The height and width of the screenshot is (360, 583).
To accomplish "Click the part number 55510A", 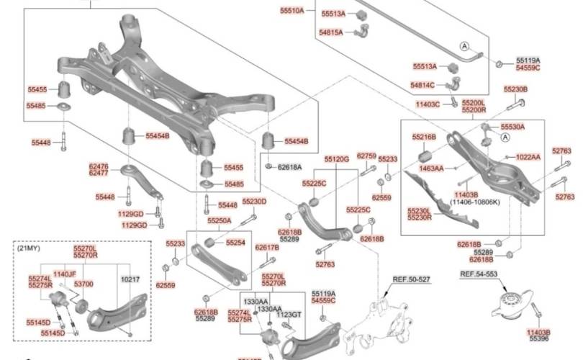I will (x=292, y=11).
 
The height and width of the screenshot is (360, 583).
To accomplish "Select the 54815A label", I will (x=332, y=32).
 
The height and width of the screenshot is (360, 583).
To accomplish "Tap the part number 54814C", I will (x=423, y=85).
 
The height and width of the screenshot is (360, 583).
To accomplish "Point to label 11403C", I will (x=428, y=104).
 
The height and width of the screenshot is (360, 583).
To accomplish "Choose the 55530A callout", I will (x=513, y=126).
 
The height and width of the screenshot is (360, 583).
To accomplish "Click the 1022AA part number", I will (x=528, y=156).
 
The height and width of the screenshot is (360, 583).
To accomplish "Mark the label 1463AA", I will (x=432, y=168).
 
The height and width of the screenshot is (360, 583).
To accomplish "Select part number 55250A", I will (x=219, y=220).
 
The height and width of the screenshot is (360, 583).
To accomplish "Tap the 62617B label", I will (x=267, y=248).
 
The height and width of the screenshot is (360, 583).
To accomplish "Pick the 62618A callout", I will (x=290, y=167).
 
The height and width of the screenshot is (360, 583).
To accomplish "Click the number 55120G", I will (x=336, y=158).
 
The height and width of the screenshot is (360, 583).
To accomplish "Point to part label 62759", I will (x=367, y=156).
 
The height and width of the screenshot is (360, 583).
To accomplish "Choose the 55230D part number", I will (x=254, y=202).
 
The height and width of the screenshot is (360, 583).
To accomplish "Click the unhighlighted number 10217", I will (x=130, y=278).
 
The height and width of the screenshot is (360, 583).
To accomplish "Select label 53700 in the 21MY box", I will (x=84, y=284).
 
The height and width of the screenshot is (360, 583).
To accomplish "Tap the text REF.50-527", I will (x=411, y=279).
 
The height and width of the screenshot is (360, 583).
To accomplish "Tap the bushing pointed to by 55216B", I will (x=425, y=156).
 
